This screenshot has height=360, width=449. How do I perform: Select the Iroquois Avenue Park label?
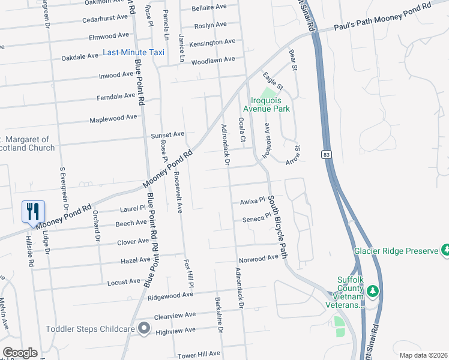(x=267, y=104)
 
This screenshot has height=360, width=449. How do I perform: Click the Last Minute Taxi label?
(x=134, y=53)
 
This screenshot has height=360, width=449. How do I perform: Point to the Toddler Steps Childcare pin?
(x=144, y=328)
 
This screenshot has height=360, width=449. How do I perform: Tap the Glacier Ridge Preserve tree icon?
(x=445, y=249)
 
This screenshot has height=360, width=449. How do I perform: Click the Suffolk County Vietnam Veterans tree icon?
(x=373, y=291)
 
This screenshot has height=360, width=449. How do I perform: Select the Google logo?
(x=20, y=353)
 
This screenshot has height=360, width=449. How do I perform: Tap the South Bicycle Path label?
(x=277, y=227)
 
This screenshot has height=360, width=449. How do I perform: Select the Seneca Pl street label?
(x=252, y=219)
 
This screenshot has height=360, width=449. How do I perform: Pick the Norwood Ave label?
(x=259, y=258)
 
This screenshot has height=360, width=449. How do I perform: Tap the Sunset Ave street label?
(x=167, y=134)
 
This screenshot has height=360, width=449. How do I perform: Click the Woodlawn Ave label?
(x=213, y=61)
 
